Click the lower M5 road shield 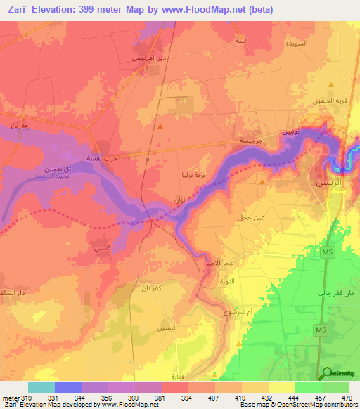(x=320, y=330)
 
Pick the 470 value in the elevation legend (x=346, y=397)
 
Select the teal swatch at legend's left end (x=41, y=387)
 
